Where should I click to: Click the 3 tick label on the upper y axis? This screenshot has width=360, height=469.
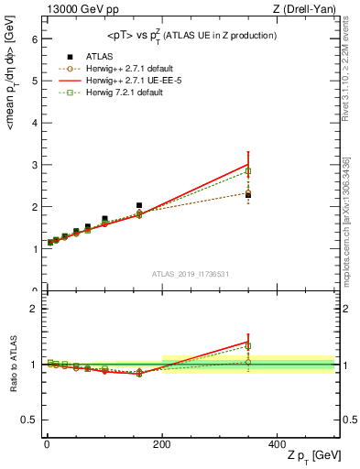click(x=32, y=166)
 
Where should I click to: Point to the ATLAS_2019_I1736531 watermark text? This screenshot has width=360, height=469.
click(x=190, y=274)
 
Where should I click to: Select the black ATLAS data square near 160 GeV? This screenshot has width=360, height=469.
click(x=139, y=206)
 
